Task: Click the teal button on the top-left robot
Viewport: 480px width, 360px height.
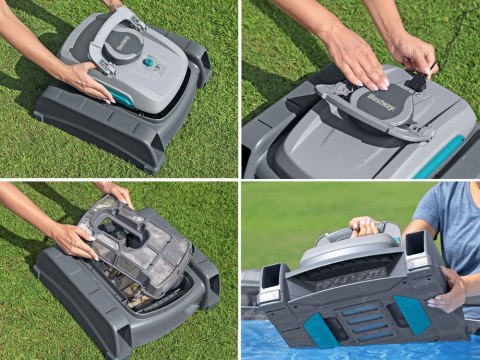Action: pyautogui.click(x=148, y=61)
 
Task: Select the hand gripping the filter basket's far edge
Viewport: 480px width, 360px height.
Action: pyautogui.click(x=116, y=191)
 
